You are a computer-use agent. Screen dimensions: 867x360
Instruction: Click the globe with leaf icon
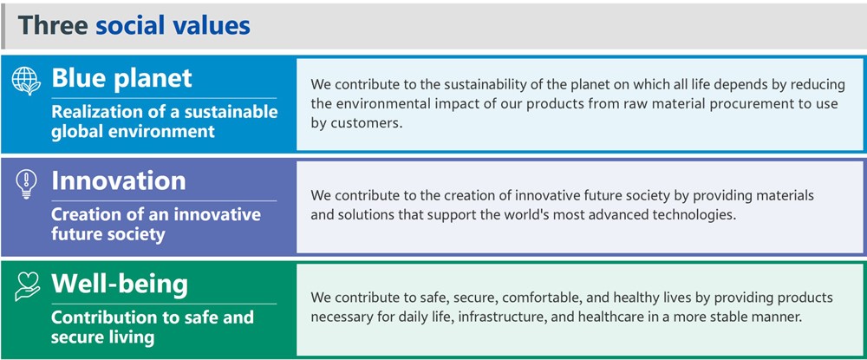coord(26,81)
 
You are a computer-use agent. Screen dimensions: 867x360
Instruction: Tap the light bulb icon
coord(27,184)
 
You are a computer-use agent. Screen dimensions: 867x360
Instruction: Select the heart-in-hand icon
coord(28,285)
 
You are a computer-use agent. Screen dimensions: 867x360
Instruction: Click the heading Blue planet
coord(121,79)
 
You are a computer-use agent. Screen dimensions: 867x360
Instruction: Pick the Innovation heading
coord(119,180)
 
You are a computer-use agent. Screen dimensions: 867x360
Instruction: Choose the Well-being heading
coord(120,284)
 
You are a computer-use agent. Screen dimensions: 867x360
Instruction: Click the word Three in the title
coord(53,25)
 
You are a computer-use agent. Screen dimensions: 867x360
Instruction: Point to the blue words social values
coord(173,25)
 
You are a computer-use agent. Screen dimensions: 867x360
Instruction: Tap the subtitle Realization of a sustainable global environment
coord(164,121)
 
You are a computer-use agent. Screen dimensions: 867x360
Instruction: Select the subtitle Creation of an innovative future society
coord(156,224)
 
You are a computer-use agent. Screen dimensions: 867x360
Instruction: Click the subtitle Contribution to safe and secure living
coord(153,327)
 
